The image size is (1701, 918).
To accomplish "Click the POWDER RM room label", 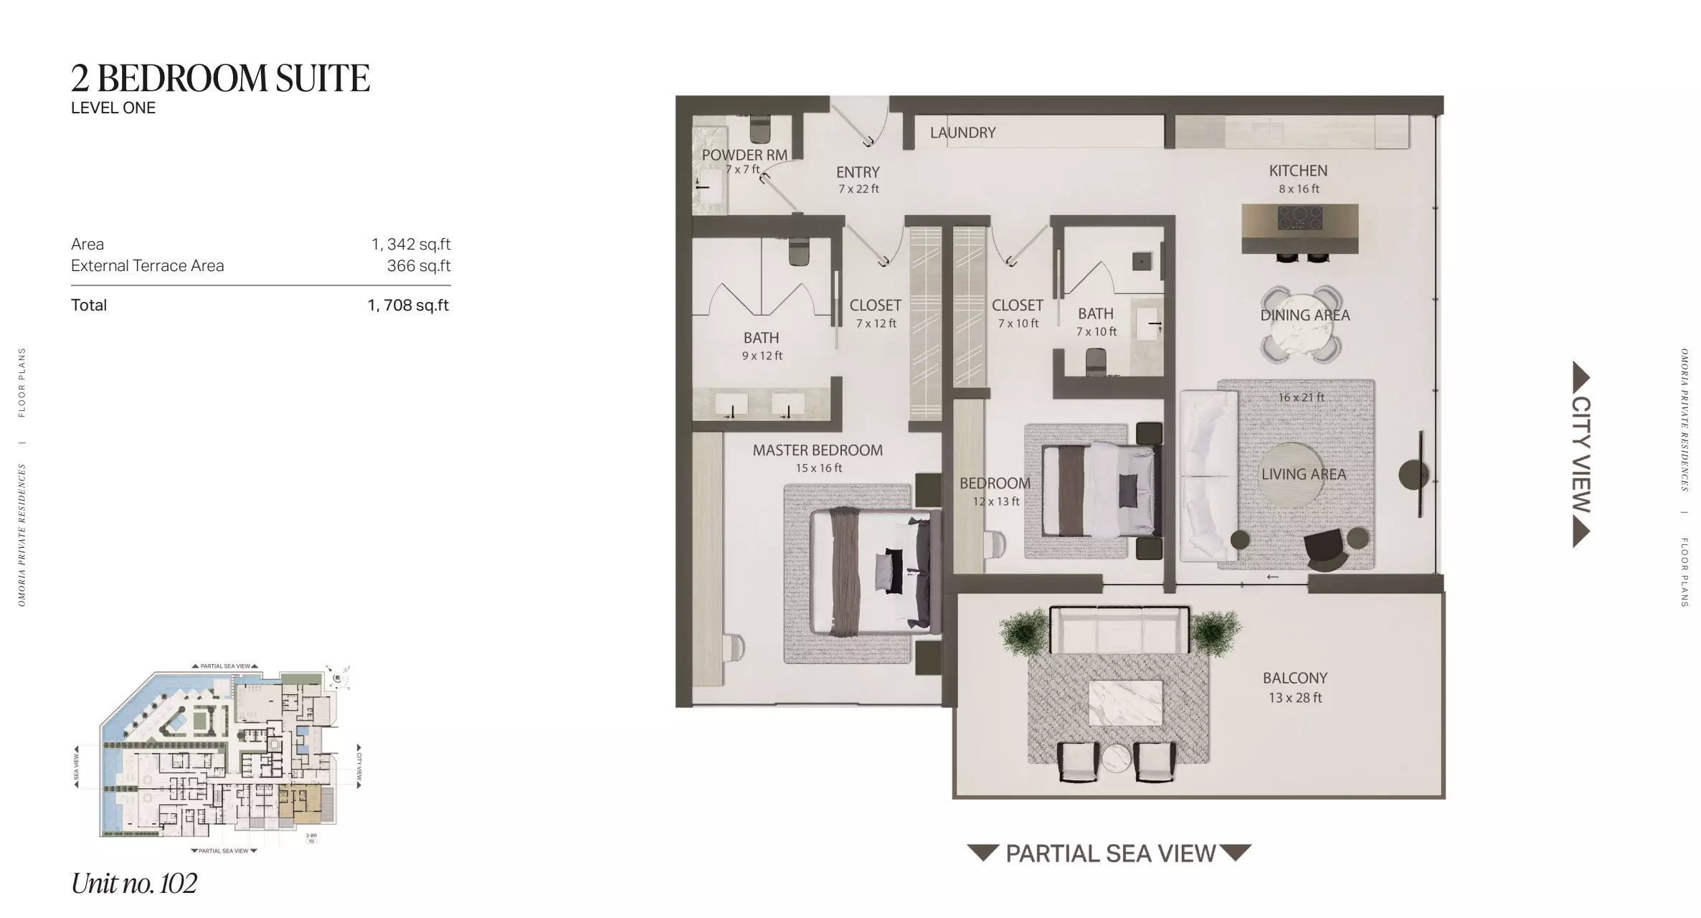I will (x=744, y=155).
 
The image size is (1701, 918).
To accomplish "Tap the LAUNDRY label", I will (x=962, y=133).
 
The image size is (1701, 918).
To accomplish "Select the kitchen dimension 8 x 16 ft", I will (x=1299, y=189).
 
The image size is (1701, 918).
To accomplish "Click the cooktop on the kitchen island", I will (x=1300, y=217).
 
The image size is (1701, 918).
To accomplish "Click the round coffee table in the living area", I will (x=1290, y=475).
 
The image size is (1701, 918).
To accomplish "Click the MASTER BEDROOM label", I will (x=818, y=450).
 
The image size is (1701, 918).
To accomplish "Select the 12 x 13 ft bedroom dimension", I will (x=995, y=501).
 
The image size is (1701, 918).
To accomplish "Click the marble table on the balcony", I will (x=1125, y=702).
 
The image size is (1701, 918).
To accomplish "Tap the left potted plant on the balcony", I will (x=1023, y=632).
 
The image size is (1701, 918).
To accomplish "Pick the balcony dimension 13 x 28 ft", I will (x=1295, y=697).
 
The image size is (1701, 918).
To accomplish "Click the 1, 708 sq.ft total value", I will (x=408, y=306).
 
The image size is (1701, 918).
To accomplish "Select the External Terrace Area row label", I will (x=148, y=266).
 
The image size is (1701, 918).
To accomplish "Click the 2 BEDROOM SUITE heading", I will (x=220, y=78).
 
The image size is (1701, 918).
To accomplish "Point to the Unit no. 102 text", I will (x=134, y=883).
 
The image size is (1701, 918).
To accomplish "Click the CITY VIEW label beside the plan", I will (x=1581, y=454).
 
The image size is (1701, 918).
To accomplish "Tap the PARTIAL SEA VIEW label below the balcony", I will (x=1110, y=853).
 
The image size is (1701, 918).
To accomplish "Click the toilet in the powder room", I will (x=759, y=130).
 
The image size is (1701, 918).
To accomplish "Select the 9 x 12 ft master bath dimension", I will (x=762, y=356).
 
